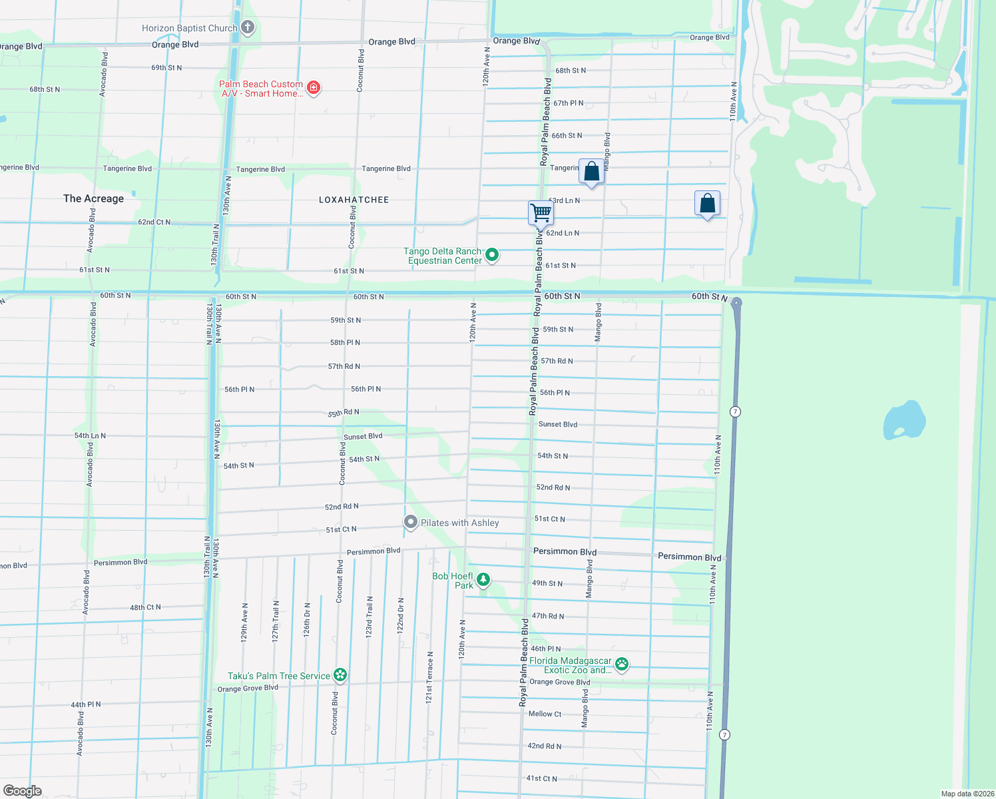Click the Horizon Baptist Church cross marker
pos(248,27)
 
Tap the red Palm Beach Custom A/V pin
pos(314,87)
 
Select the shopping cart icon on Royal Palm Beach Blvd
pos(541,213)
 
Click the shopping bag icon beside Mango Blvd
pos(591,172)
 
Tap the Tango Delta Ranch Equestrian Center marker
pos(492,254)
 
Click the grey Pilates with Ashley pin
pos(411,523)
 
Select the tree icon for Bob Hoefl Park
pos(483,580)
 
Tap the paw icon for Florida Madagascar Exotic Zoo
pos(622,664)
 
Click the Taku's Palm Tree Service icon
pos(340,675)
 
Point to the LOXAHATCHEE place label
pos(354,200)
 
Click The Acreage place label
pos(93,198)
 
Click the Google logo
pos(23,790)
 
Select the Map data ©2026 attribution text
pos(967,794)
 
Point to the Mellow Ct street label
pos(545,714)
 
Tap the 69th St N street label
pos(166,68)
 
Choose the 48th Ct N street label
pos(145,607)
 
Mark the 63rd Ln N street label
pos(564,200)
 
